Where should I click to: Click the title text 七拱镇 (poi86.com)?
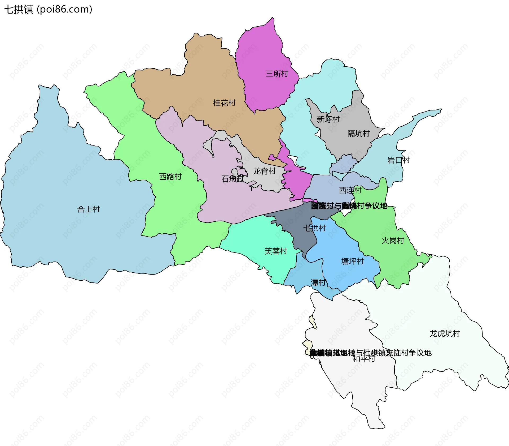48,9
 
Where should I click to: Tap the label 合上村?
88,209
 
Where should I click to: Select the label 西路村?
170,177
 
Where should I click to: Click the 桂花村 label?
224,103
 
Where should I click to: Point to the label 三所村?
277,74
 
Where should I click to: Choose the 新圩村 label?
328,119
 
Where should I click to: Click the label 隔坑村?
359,134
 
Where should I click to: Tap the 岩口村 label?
398,160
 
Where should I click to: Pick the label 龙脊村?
264,171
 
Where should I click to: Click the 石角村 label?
232,179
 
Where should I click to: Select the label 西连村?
350,190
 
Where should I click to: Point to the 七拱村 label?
314,228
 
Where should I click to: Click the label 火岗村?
393,241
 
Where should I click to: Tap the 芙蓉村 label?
276,251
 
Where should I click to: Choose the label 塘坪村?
353,261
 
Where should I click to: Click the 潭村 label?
318,283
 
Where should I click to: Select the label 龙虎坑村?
445,334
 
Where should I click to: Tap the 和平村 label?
364,359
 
